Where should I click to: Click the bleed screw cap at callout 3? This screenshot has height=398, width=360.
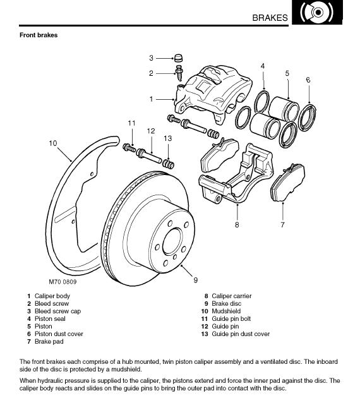point(179,58)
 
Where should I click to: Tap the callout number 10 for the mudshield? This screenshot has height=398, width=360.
point(53,143)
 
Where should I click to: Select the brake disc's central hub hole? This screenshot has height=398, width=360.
point(172,241)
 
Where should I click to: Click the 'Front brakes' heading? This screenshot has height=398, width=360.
point(39,35)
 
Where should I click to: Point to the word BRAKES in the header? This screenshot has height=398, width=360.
point(270,18)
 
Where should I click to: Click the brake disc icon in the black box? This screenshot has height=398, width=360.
point(317,12)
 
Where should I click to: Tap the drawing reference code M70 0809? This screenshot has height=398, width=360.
point(63,282)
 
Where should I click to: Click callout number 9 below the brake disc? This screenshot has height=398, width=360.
point(195,280)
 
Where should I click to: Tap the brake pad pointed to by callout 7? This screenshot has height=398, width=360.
point(288,182)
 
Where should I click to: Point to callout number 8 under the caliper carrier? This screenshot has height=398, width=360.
point(237,225)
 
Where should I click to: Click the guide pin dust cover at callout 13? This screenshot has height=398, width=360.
point(168,164)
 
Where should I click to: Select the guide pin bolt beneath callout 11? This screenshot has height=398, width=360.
point(129,147)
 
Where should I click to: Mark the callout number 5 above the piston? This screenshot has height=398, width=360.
point(287,73)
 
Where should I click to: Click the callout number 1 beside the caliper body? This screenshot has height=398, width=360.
point(151,99)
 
